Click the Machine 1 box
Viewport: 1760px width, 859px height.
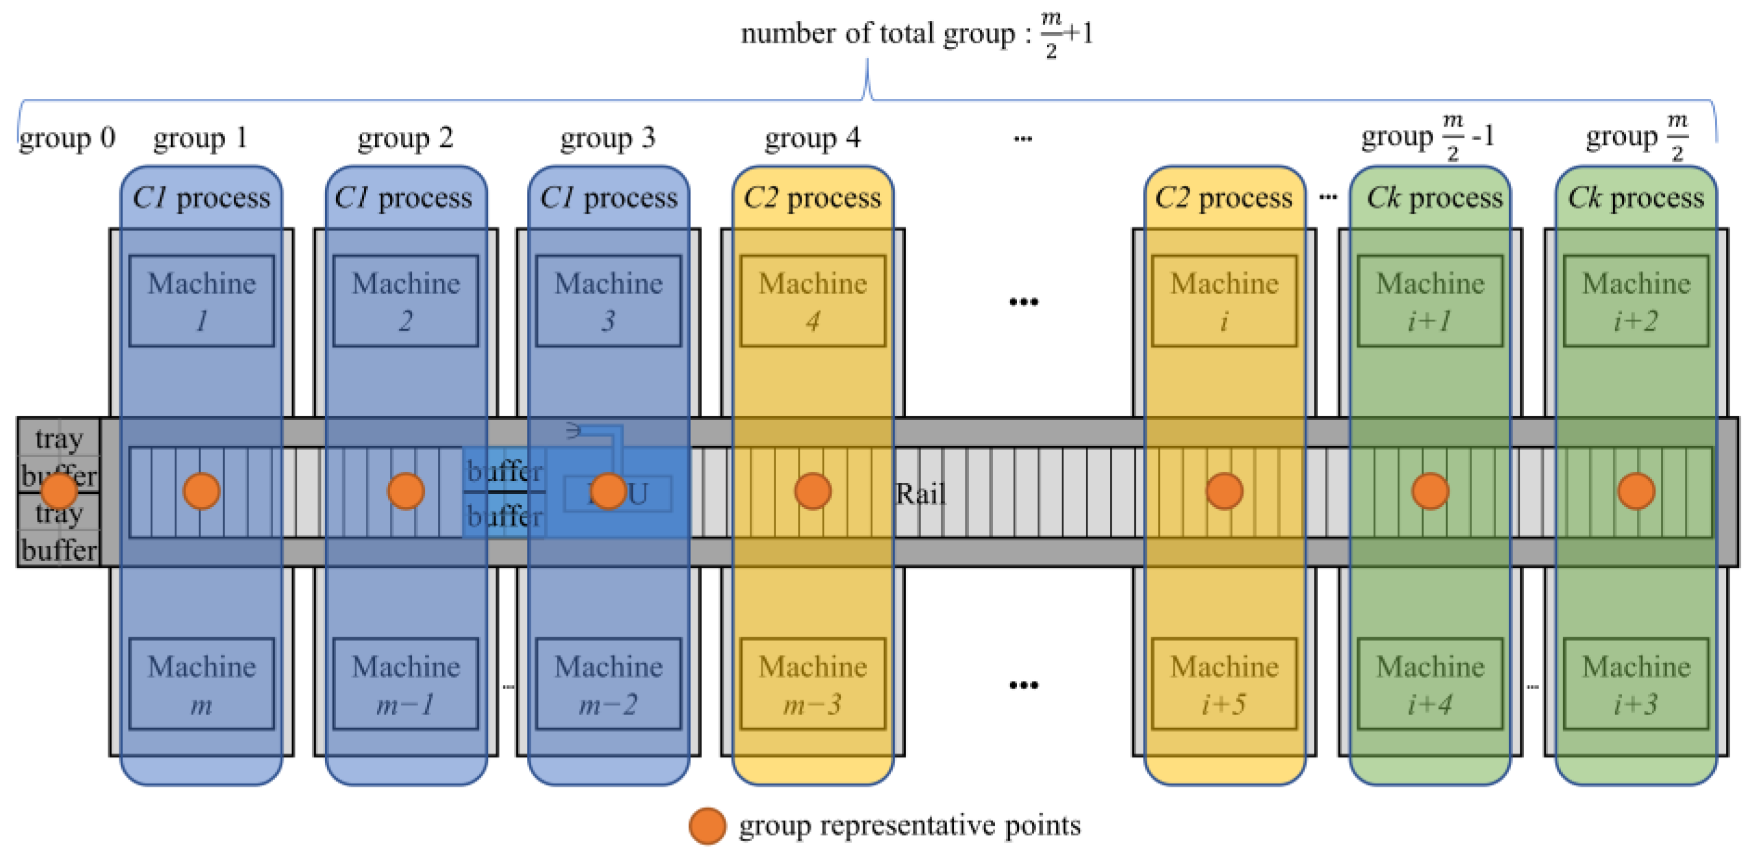[x=201, y=301]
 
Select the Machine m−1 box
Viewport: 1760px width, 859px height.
[x=405, y=684]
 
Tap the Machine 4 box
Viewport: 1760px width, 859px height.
[x=813, y=301]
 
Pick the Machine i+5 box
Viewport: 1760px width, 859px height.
[x=1224, y=684]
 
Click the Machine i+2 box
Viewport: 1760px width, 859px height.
[x=1636, y=301]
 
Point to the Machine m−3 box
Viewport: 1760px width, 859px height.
[x=813, y=684]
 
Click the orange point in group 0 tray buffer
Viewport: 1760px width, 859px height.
[x=59, y=491]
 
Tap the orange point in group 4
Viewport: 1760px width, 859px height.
[x=813, y=491]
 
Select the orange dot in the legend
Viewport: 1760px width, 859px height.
[x=707, y=826]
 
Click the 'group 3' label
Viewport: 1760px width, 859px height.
[x=607, y=138]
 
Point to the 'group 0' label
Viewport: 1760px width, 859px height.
[x=67, y=138]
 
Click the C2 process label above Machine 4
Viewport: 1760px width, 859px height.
[x=813, y=198]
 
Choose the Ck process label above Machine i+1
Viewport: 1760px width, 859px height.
[x=1434, y=198]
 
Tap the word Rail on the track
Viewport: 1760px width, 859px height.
[x=920, y=493]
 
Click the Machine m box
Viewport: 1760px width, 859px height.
[x=201, y=684]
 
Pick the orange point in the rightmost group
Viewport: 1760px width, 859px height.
[x=1636, y=491]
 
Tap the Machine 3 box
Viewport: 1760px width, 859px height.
[x=608, y=301]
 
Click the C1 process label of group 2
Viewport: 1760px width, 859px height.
[x=404, y=198]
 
